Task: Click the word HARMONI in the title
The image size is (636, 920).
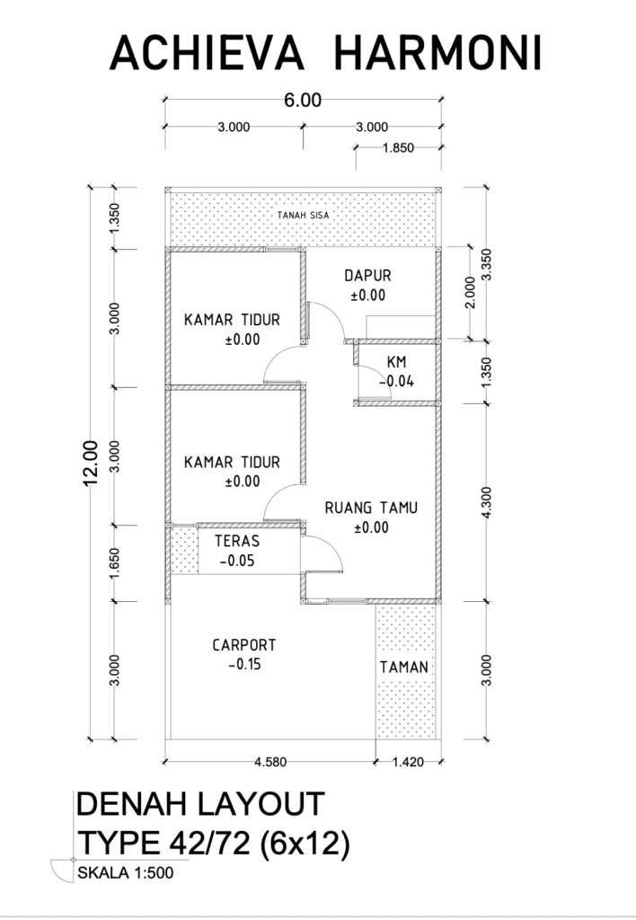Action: (437, 53)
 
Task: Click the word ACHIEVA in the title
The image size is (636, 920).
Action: (207, 53)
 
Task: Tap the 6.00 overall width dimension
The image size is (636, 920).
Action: (303, 101)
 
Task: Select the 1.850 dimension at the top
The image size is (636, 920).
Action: (398, 148)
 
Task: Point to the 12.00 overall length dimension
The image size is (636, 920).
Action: (92, 463)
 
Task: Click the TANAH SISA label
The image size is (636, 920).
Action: (304, 216)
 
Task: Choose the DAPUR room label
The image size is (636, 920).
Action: (368, 275)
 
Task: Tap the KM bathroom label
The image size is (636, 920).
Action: (397, 362)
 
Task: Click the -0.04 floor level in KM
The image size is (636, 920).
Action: (397, 381)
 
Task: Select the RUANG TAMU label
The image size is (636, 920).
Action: (371, 508)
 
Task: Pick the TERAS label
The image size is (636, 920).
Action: (237, 541)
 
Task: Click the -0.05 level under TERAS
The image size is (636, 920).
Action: (237, 561)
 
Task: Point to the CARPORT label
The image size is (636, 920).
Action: (244, 645)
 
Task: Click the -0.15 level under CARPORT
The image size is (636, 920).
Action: (244, 665)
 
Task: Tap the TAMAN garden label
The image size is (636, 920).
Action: (404, 668)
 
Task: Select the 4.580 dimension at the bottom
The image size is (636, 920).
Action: (270, 762)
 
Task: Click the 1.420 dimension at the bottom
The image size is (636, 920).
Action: (408, 762)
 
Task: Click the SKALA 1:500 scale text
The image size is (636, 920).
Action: (126, 872)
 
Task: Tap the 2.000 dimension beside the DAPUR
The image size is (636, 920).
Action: (471, 292)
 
